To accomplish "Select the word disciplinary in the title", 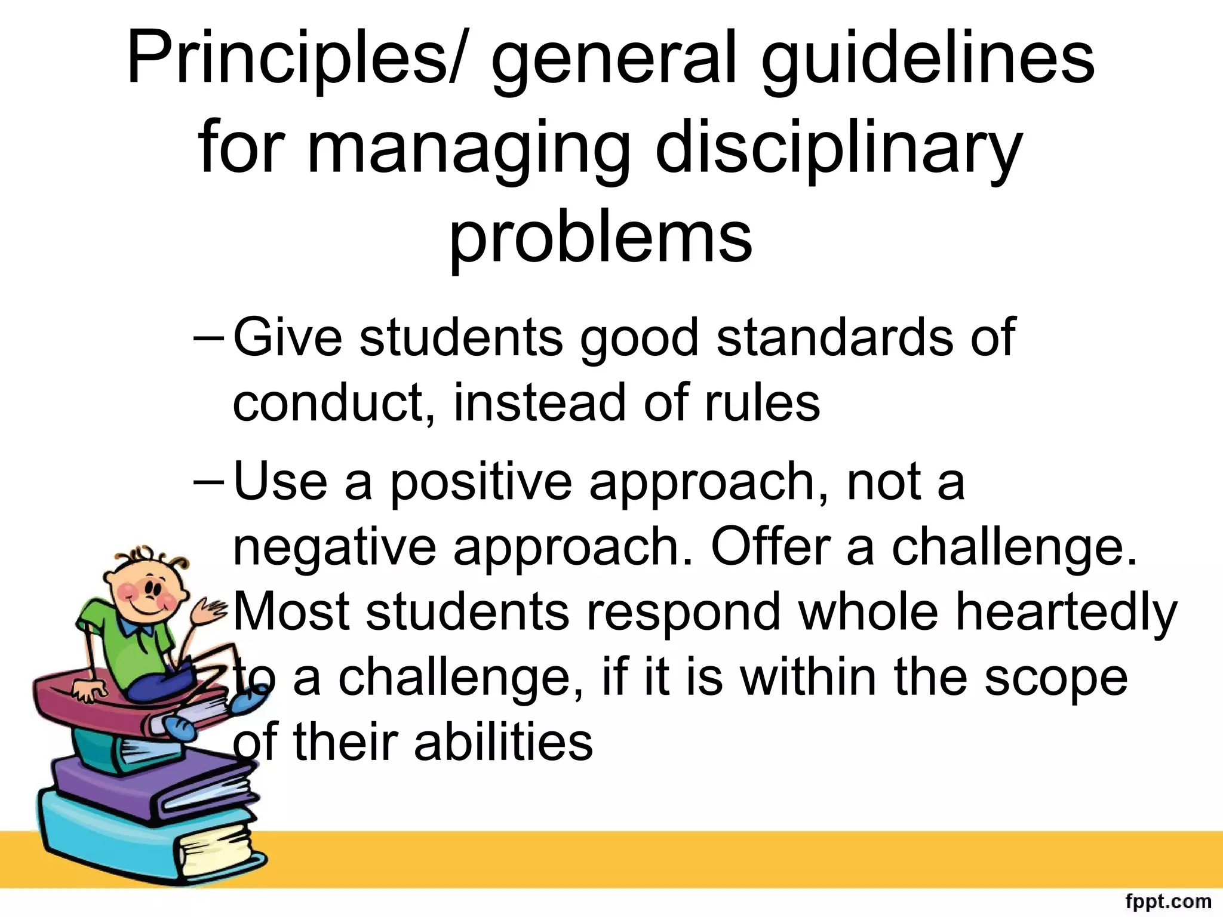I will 839,149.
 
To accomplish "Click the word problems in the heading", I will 600,239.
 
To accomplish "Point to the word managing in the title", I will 469,149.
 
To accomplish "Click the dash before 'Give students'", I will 208,338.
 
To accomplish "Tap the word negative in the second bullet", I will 334,547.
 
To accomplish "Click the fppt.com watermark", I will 1167,900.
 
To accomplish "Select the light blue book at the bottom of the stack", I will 137,836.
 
